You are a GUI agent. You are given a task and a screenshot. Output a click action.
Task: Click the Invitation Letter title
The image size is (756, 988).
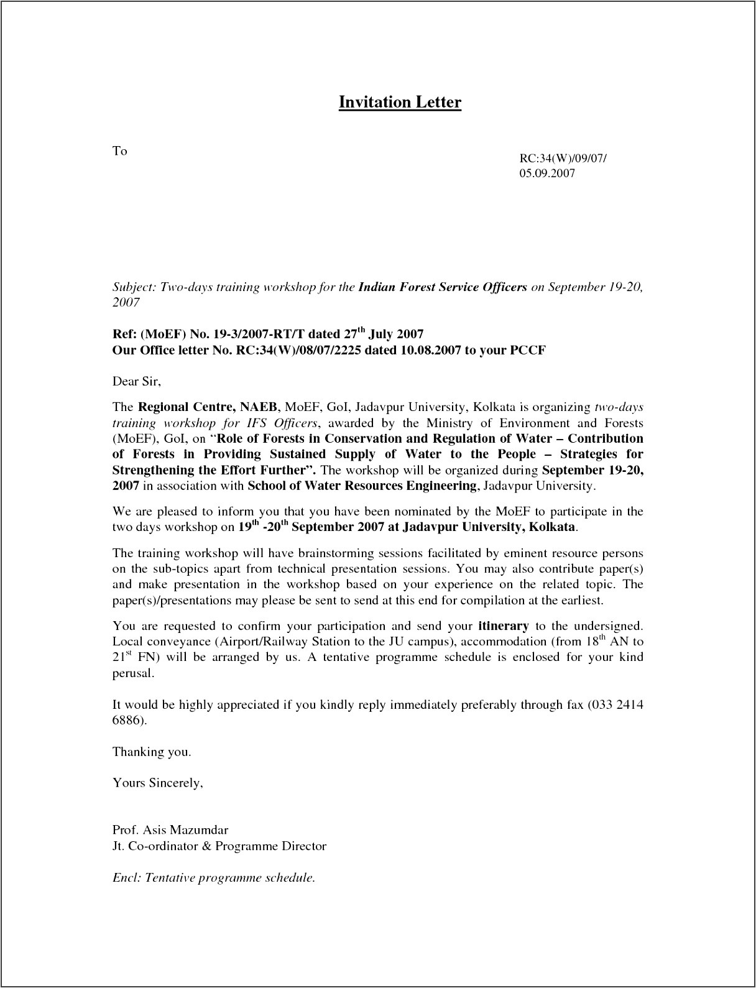(399, 102)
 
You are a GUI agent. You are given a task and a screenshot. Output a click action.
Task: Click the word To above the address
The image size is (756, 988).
(119, 151)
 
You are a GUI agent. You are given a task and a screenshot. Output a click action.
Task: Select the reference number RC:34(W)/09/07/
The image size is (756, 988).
(563, 158)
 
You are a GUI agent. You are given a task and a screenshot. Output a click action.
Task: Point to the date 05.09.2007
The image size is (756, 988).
(547, 173)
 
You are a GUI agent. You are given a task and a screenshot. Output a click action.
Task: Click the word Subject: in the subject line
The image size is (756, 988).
(134, 287)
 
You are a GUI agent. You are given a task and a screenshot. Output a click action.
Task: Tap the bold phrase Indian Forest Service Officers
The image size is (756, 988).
(443, 287)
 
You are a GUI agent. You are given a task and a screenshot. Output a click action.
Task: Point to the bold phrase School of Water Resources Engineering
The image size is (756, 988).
(362, 486)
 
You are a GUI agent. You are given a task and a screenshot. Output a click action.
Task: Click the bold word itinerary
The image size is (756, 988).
(504, 626)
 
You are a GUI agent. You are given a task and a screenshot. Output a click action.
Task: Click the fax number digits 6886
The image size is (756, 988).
(127, 721)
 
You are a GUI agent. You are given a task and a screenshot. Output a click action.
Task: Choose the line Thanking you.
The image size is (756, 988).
(152, 752)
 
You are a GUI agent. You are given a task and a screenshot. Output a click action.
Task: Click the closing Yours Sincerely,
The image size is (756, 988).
(158, 783)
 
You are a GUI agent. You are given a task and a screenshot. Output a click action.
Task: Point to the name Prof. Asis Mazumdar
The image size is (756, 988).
(170, 830)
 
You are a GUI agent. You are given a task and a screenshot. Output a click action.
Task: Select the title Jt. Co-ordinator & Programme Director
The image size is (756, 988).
(219, 846)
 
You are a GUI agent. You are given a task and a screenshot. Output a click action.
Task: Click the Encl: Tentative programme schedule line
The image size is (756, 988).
(214, 878)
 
